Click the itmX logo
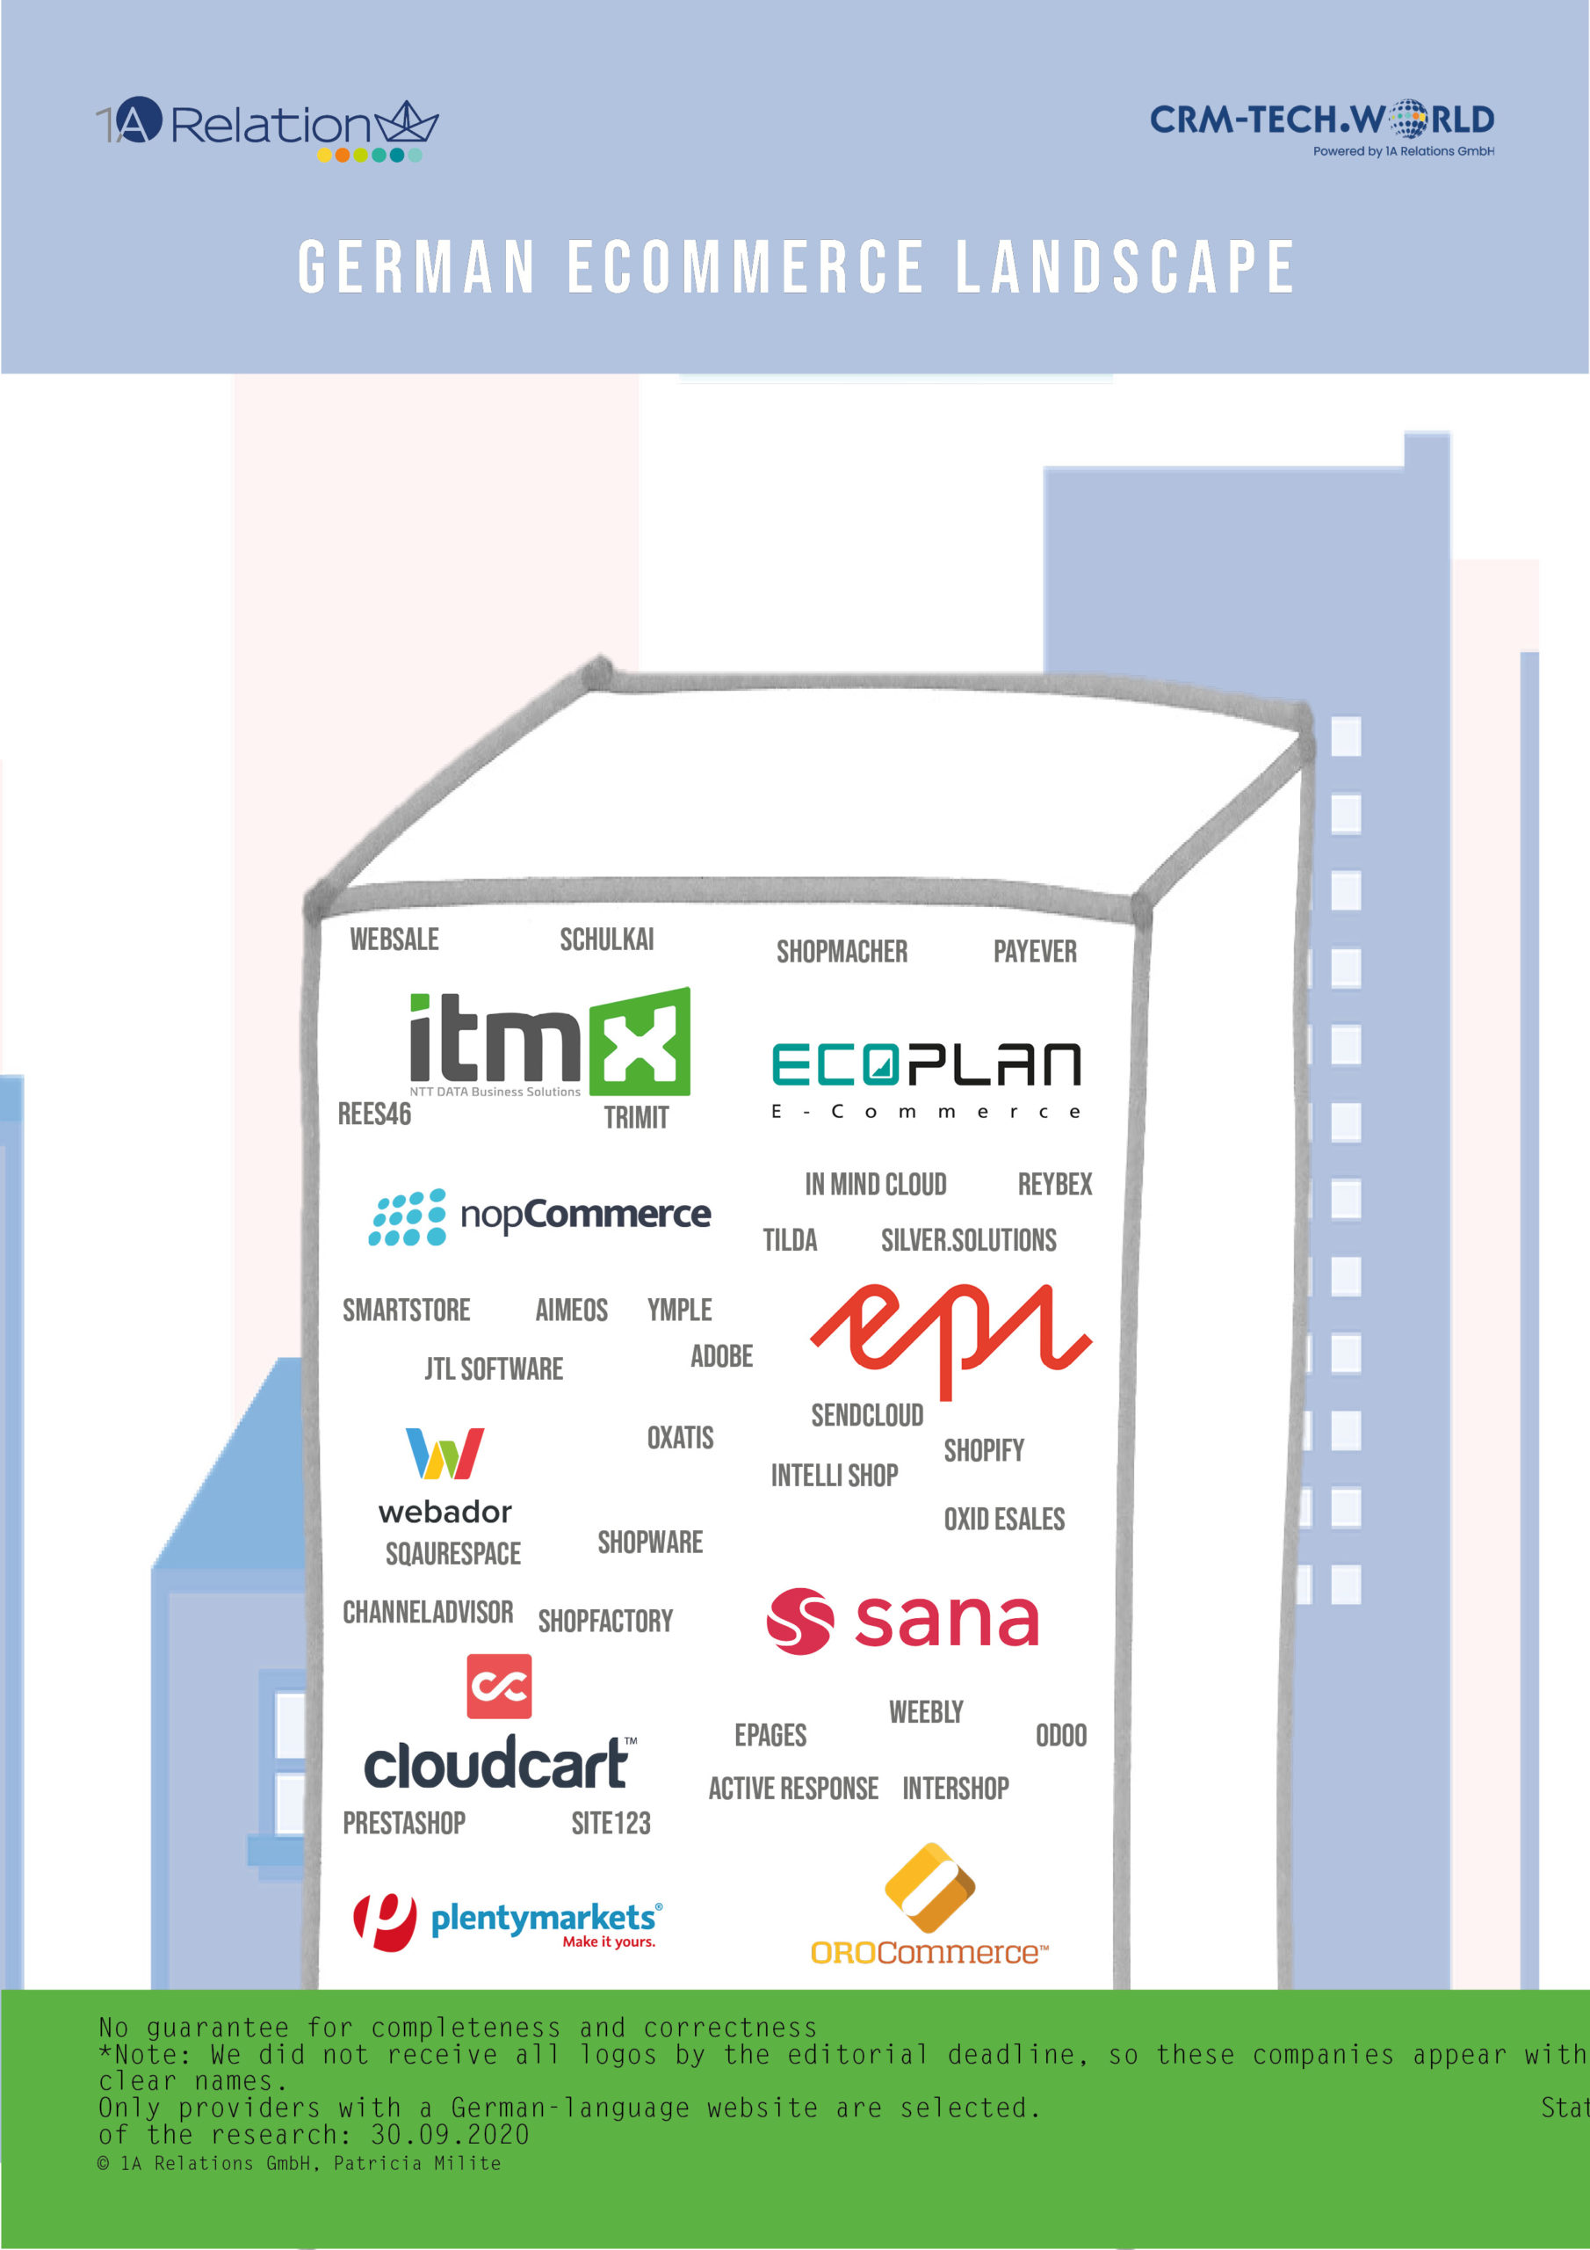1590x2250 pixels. coord(549,1042)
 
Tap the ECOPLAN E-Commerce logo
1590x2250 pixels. coord(926,1078)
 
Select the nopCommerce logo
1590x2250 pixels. coord(538,1216)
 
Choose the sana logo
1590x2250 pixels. coord(902,1621)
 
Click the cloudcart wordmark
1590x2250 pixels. coord(498,1764)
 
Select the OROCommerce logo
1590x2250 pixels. coord(929,1906)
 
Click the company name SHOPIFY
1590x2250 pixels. coord(984,1450)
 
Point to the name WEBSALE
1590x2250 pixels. coord(394,940)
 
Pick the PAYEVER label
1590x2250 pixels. coord(1035,952)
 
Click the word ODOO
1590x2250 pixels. coord(1061,1736)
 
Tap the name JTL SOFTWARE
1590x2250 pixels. coord(494,1369)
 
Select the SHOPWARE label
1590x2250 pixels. coord(649,1542)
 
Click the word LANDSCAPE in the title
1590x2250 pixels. coord(1124,266)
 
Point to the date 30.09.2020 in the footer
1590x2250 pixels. coord(450,2134)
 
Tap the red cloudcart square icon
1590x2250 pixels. coord(499,1687)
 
